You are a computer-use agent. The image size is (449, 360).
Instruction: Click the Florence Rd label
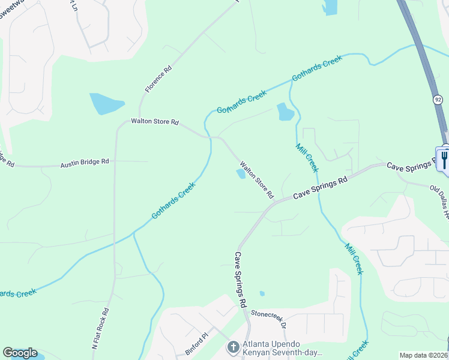[x=158, y=79]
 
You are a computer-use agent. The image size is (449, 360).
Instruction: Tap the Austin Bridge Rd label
[x=84, y=162]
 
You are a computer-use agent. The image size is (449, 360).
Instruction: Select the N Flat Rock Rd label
[x=100, y=329]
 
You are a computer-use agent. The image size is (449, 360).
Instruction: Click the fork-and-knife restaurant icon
[x=444, y=158]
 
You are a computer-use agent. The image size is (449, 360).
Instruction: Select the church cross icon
[x=232, y=347]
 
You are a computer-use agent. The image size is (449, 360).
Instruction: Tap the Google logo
[x=20, y=353]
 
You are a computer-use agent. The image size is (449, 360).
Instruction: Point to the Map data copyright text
[x=423, y=355]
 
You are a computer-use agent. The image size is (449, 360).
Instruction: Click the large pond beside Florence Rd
[x=106, y=104]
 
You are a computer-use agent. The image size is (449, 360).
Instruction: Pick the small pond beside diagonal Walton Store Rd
[x=241, y=174]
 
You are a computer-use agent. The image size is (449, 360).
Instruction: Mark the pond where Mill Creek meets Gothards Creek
[x=285, y=112]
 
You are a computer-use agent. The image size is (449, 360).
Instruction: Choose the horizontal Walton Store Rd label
[x=155, y=122]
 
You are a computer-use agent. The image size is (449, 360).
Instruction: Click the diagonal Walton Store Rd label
[x=256, y=179]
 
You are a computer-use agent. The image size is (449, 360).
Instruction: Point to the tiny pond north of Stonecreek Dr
[x=262, y=293]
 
